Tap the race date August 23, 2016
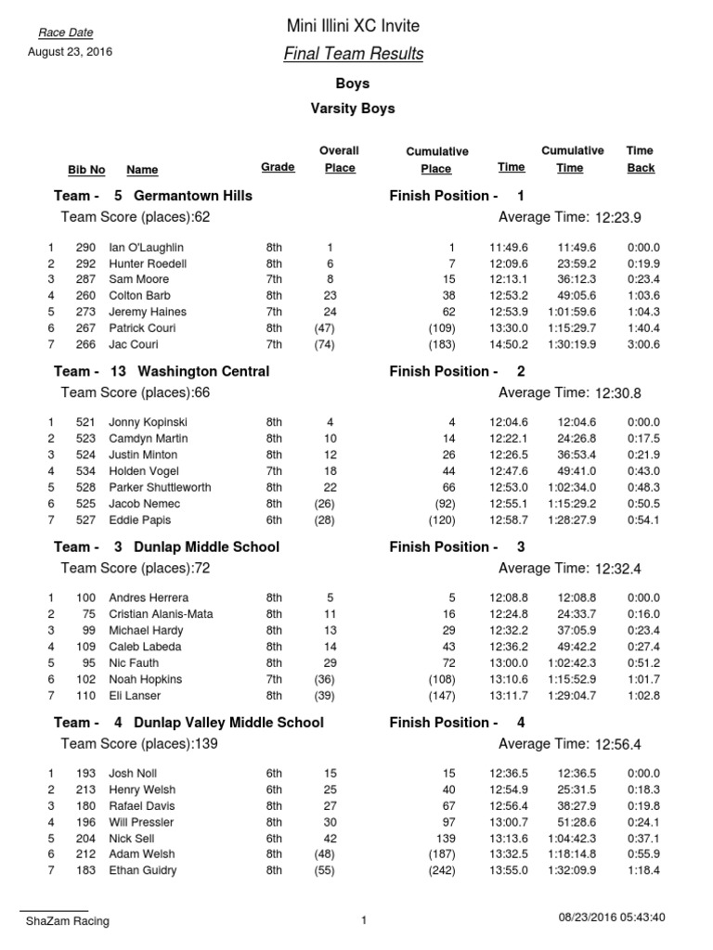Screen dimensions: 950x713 tap(70, 52)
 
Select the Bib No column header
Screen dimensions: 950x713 tap(86, 170)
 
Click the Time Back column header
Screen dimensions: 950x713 tap(640, 159)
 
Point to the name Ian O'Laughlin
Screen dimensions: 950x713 tap(146, 248)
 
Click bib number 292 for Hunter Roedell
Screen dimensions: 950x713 tap(85, 263)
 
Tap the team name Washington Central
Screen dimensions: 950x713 tap(201, 371)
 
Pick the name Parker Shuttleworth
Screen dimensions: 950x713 tap(160, 487)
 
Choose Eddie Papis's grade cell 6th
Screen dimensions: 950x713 tap(274, 520)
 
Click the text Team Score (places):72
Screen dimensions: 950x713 tap(136, 568)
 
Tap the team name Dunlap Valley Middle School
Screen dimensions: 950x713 tap(228, 722)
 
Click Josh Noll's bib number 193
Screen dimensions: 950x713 tap(85, 774)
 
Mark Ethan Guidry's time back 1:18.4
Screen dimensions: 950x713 tap(643, 870)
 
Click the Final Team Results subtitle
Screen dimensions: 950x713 tap(353, 54)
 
